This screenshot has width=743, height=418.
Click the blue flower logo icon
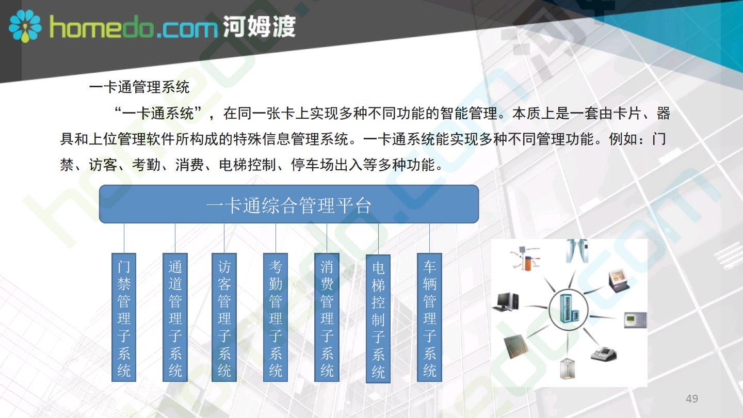click(25, 26)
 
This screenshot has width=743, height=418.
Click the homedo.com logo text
click(133, 28)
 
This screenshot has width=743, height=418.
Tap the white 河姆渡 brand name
click(259, 26)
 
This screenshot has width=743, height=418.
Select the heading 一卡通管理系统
click(139, 87)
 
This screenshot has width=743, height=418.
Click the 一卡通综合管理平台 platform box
click(289, 204)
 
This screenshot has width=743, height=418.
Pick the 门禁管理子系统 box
click(124, 317)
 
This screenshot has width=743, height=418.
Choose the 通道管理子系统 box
click(175, 317)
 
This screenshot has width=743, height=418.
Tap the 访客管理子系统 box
click(224, 317)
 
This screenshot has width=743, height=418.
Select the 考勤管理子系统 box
click(276, 317)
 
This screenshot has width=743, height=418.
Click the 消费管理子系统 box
click(327, 317)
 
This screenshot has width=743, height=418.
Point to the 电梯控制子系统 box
click(378, 319)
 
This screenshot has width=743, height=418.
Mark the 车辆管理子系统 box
click(429, 317)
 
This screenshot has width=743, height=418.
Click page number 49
click(692, 398)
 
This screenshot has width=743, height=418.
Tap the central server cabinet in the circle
click(568, 309)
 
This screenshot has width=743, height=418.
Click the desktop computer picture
click(506, 302)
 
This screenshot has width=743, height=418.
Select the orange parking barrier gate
click(526, 259)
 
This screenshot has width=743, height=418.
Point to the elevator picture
click(568, 368)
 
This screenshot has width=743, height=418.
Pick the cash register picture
click(604, 353)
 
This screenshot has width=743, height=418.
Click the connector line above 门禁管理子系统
click(124, 238)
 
